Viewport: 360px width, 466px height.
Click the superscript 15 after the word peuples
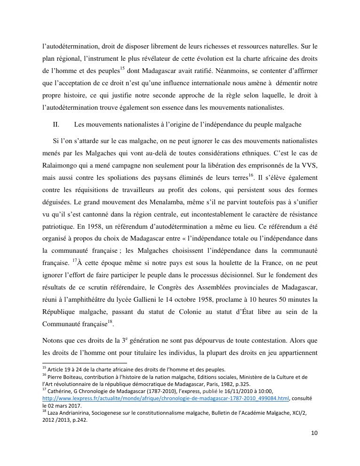pos(121,68)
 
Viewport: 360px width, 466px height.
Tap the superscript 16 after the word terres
pos(250,176)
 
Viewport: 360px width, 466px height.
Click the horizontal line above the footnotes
pos(85,363)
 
